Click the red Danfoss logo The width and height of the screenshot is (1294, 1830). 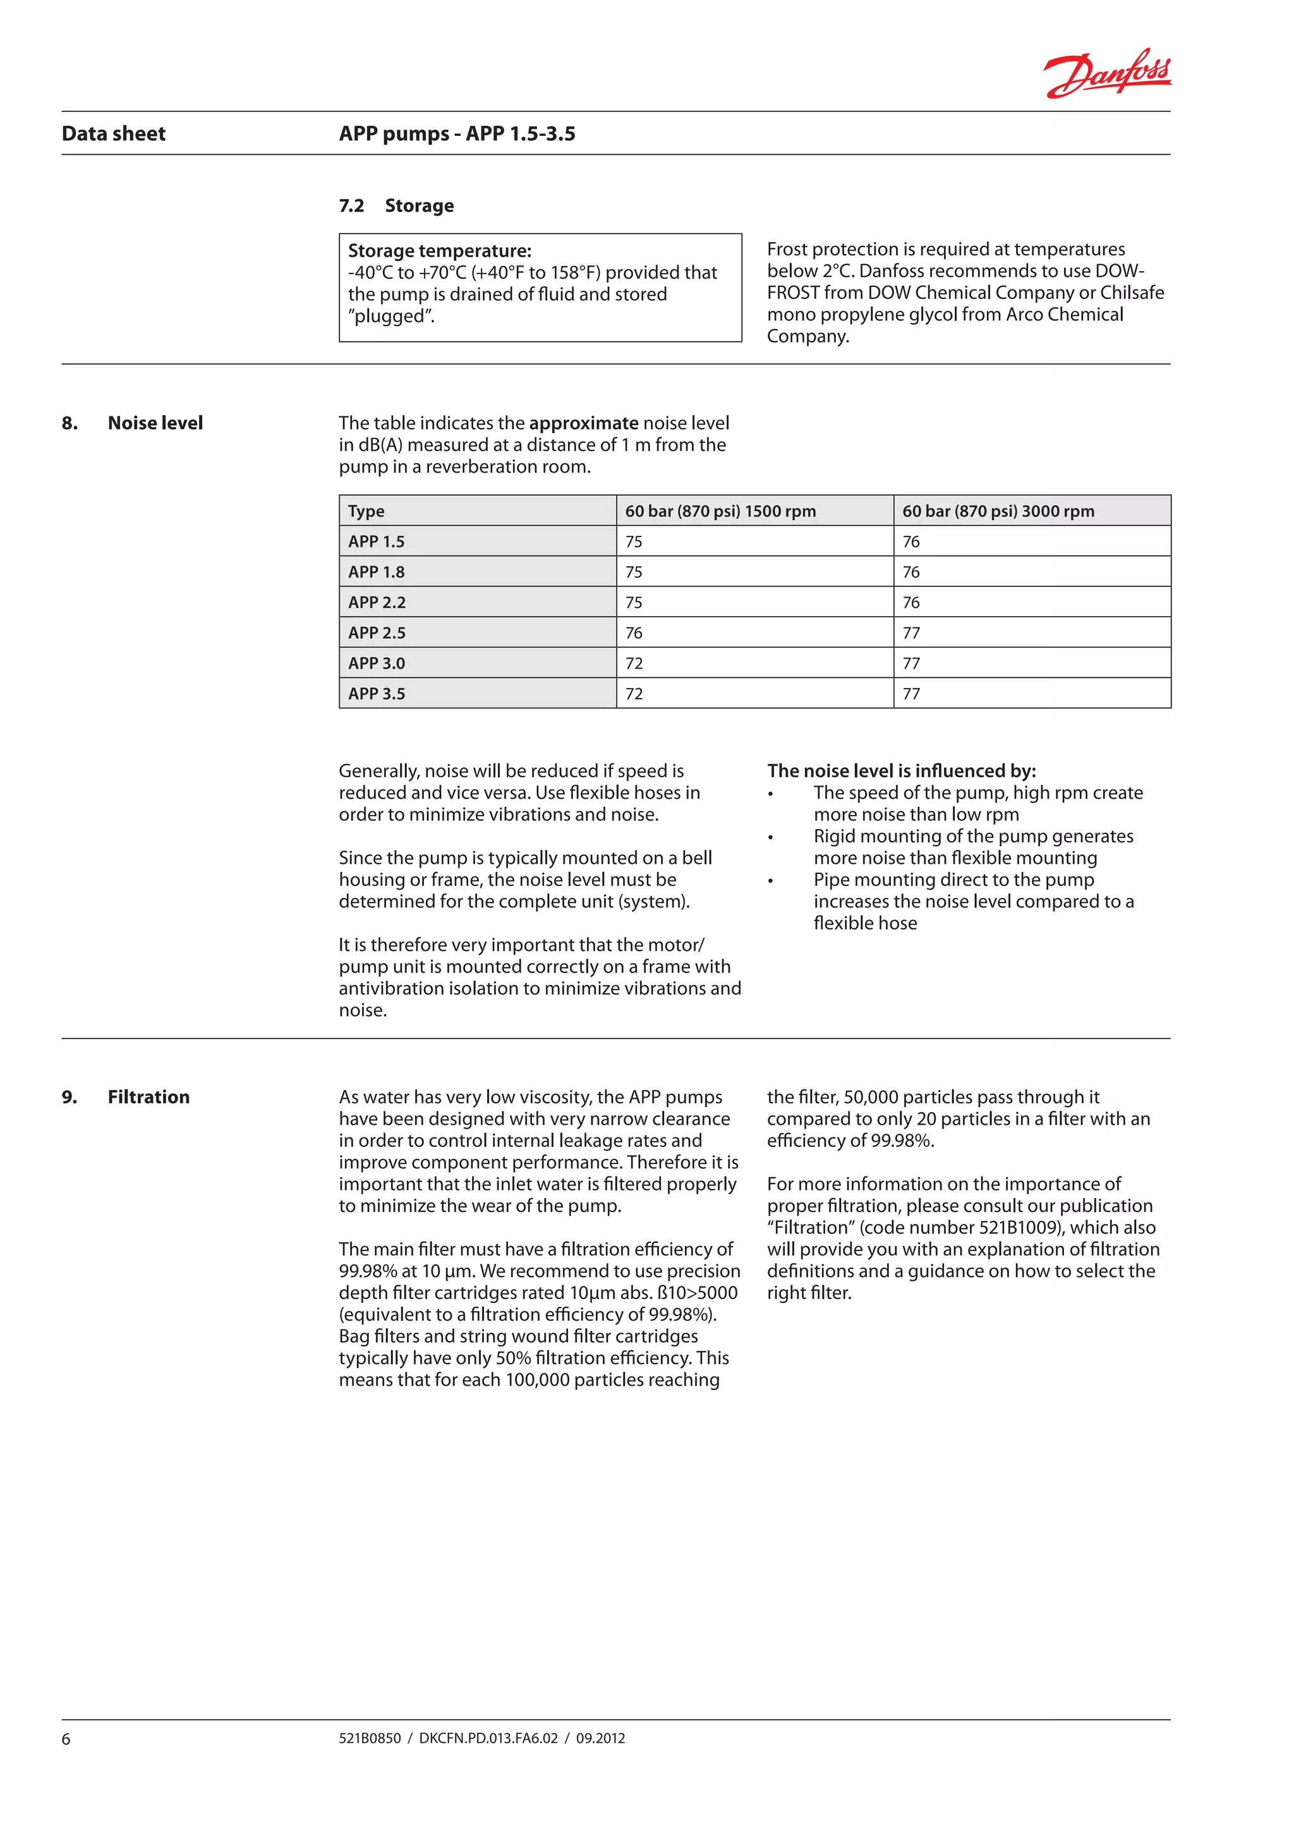click(x=1107, y=73)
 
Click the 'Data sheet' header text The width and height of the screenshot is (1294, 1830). click(x=113, y=134)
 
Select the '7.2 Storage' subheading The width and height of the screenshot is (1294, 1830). click(x=396, y=205)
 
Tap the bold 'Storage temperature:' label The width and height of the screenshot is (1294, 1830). click(x=439, y=251)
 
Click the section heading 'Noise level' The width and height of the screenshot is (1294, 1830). click(x=155, y=423)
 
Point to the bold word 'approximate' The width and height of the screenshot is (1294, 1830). click(x=583, y=423)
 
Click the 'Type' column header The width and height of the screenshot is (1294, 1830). click(x=366, y=511)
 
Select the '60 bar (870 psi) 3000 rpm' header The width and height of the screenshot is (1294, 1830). click(x=998, y=511)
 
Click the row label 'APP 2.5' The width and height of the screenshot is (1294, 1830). click(x=376, y=633)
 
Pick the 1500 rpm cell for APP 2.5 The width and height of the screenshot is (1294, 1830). click(x=634, y=633)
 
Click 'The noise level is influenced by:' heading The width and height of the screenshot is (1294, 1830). click(x=901, y=771)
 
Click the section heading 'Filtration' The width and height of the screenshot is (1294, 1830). click(x=149, y=1098)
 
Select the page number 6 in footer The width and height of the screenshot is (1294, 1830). click(x=66, y=1739)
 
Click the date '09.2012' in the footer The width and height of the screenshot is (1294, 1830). click(x=600, y=1738)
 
